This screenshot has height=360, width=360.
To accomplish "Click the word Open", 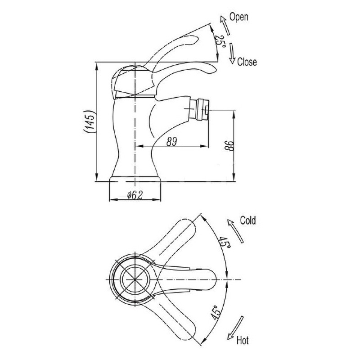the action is pos(239,17).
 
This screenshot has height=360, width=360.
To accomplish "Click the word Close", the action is pos(247,62).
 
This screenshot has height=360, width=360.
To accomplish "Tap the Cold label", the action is pos(248,220).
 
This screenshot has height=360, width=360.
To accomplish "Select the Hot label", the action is pos(243,340).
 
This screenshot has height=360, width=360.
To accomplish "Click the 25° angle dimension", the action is pos(220,41).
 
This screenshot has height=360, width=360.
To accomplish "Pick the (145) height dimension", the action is pos(89,121).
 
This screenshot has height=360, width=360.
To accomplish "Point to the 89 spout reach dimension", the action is pos(172,141).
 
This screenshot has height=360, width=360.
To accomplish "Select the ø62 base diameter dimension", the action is pos(135,195).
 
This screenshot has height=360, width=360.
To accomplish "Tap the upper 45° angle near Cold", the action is pos(224,242).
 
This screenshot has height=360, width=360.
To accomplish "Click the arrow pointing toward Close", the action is pos(232,54).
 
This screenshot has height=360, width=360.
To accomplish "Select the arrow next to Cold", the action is pos(235,231).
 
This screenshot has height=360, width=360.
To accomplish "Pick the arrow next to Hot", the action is pos(235,328).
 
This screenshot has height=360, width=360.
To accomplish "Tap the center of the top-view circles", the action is pos(135,279).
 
